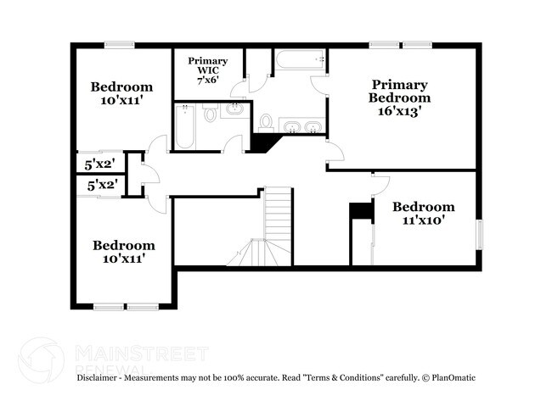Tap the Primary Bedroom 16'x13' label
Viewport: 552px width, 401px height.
398,97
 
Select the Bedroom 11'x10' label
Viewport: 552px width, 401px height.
422,213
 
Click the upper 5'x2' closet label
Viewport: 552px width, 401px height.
100,164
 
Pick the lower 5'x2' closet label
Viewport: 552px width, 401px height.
101,184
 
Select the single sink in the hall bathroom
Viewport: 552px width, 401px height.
234,110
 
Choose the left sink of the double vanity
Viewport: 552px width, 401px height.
291,127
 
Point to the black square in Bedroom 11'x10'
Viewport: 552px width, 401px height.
361,211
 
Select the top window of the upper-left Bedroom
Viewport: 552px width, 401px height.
119,45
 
